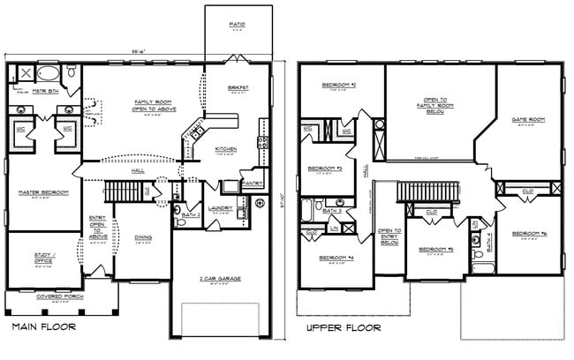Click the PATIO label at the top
click(237, 24)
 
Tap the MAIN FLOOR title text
click(44, 327)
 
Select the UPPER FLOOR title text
click(344, 327)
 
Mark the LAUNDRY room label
click(220, 208)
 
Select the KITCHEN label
click(225, 149)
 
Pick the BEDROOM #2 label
click(340, 85)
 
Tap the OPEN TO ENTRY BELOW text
click(389, 235)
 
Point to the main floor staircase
click(125, 190)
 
